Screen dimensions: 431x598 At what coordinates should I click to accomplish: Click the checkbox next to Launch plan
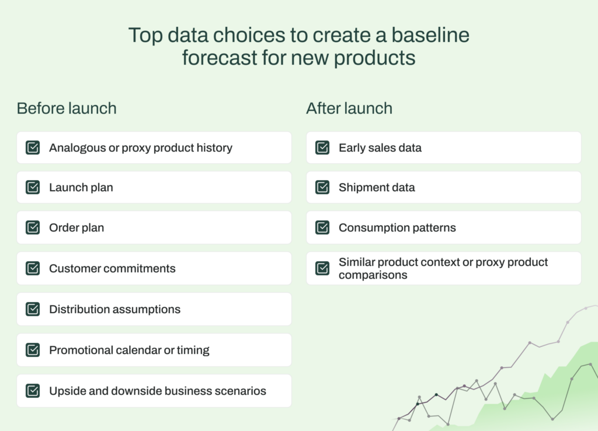(x=33, y=187)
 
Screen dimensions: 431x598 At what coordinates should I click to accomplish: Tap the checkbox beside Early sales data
(x=322, y=148)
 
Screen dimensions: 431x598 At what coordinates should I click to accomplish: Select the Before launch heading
(x=67, y=108)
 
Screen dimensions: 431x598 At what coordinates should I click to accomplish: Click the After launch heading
(x=349, y=108)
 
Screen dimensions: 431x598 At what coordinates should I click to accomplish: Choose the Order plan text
(x=77, y=227)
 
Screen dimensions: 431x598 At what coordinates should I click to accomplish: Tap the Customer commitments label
(x=112, y=268)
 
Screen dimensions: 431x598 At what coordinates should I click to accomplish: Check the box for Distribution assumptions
(x=33, y=309)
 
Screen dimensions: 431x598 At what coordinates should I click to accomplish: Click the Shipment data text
(x=377, y=187)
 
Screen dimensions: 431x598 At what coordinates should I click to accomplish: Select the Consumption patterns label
(x=397, y=227)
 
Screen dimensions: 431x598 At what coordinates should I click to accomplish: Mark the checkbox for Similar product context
(x=322, y=268)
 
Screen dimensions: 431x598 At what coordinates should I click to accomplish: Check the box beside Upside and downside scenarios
(x=33, y=391)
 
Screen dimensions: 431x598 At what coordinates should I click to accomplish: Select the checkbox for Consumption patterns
(x=322, y=227)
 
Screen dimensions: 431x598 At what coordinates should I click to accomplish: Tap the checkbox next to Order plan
(x=33, y=227)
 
